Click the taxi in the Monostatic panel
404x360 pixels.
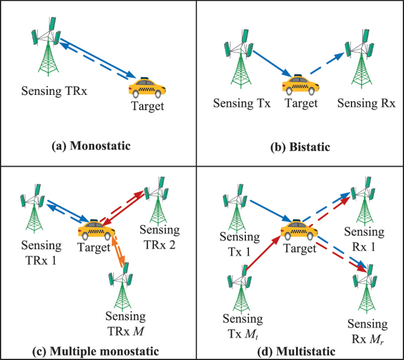coord(147,88)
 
